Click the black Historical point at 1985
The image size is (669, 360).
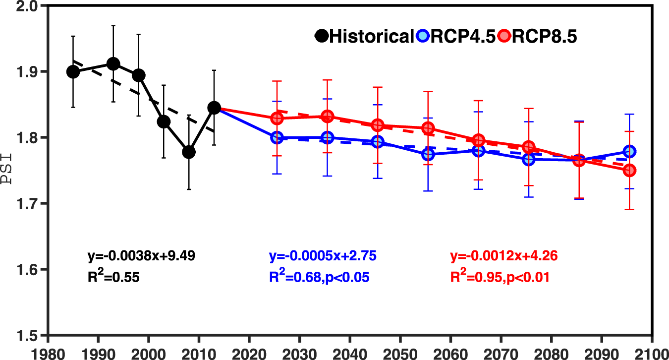[73, 72]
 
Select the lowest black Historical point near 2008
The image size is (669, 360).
[189, 152]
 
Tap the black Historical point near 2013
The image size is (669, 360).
[214, 108]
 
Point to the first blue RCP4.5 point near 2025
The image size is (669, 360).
[277, 137]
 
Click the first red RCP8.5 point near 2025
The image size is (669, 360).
[277, 118]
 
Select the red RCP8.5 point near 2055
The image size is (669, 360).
[428, 128]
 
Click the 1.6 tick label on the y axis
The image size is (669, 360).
[25, 270]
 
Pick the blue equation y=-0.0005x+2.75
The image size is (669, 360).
[323, 256]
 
